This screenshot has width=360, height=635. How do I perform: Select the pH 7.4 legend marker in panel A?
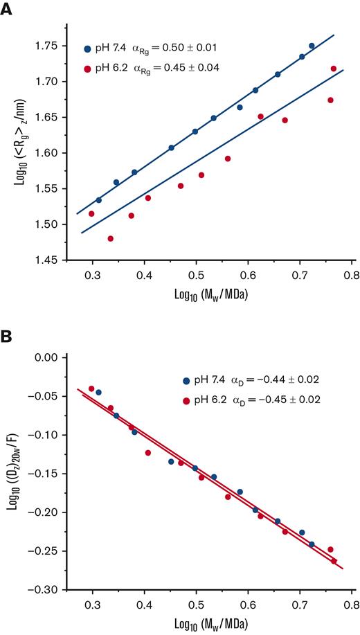tap(87, 49)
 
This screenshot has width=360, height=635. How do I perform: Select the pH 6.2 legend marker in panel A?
tap(87, 69)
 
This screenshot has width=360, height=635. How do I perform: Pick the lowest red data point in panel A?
tap(110, 238)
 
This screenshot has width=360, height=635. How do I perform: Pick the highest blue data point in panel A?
tap(312, 46)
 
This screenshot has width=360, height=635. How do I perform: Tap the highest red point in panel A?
tap(334, 69)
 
